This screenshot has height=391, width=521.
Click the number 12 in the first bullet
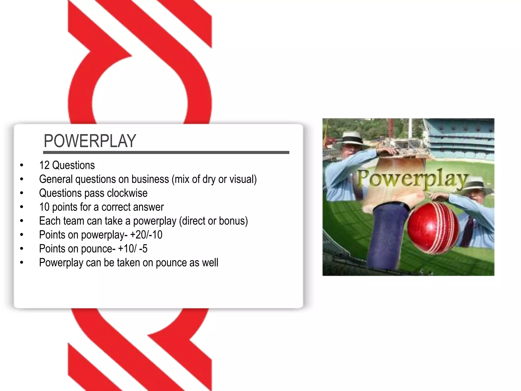click(x=44, y=165)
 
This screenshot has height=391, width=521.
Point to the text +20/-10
click(x=146, y=235)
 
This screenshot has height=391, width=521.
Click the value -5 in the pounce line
click(x=143, y=249)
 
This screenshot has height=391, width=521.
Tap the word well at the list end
click(x=210, y=263)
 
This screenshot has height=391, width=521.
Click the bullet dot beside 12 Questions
click(x=22, y=165)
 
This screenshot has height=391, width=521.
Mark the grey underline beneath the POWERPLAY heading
click(x=166, y=152)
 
